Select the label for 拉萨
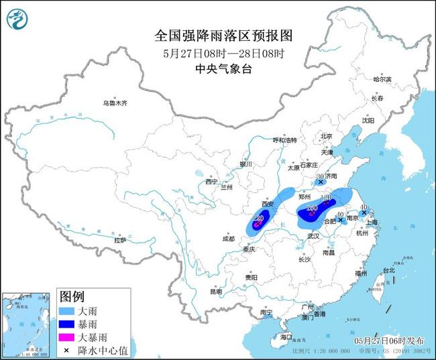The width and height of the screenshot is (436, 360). (x=120, y=239)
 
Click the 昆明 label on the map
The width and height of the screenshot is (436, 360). (x=215, y=292)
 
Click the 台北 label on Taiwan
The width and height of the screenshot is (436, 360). (x=388, y=270)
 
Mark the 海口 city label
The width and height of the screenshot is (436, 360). (x=287, y=336)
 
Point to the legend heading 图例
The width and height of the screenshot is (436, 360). (x=72, y=296)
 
